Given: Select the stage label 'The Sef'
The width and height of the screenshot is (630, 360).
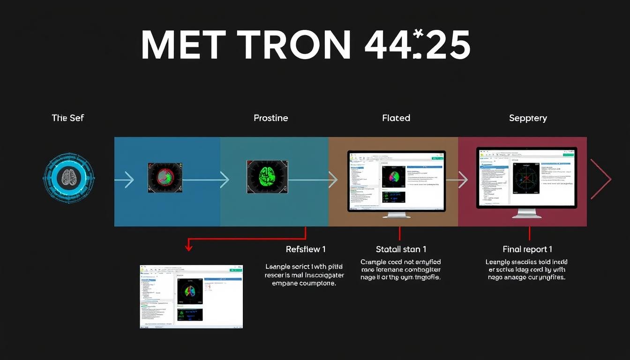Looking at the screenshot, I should click(x=67, y=118).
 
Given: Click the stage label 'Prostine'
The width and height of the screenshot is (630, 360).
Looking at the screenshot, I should click(x=270, y=118).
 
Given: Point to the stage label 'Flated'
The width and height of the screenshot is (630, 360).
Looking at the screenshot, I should click(x=396, y=118).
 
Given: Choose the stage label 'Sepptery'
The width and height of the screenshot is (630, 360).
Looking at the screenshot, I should click(x=528, y=118).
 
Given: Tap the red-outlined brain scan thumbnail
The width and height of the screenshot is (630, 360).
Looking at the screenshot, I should click(x=165, y=178).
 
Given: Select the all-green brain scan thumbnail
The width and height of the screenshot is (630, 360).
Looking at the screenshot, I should click(x=267, y=178).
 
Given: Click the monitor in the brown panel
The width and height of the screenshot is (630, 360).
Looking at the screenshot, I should click(x=396, y=180).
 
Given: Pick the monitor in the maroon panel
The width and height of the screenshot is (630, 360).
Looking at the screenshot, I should click(x=526, y=178).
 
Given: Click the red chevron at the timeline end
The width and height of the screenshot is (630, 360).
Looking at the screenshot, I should click(x=601, y=179).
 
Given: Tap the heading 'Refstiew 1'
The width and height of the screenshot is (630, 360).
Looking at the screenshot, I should click(x=305, y=249).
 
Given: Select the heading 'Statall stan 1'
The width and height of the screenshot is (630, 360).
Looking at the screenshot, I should click(x=401, y=249).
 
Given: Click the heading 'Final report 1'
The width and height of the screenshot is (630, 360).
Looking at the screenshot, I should click(x=527, y=249).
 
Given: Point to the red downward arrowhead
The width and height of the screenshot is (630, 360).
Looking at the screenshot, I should click(x=189, y=247).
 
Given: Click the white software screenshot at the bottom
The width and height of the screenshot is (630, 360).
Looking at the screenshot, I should click(x=191, y=296).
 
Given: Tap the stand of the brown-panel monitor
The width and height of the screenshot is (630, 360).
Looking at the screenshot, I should click(x=397, y=215).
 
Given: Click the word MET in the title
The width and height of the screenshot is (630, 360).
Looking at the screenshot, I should click(x=181, y=45).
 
